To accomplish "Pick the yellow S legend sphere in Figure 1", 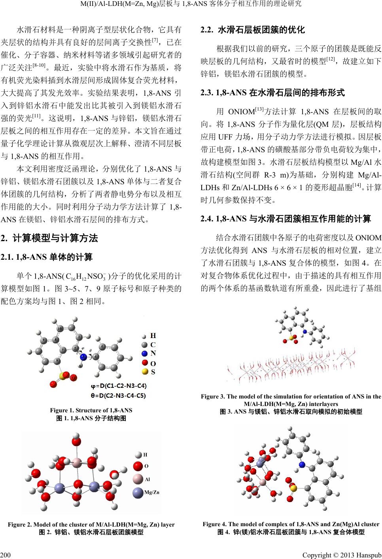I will [145, 372].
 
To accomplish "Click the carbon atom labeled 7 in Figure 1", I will [62, 350].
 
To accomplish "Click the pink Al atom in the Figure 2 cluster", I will [78, 461].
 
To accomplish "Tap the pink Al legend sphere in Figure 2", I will [138, 479].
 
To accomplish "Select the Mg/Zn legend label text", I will [152, 492].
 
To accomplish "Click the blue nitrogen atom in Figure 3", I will [304, 331].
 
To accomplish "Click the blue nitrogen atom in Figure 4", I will [302, 465].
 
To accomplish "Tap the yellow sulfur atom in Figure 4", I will [293, 489].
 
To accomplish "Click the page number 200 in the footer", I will [6, 551].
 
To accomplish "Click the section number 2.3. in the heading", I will [208, 93].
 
